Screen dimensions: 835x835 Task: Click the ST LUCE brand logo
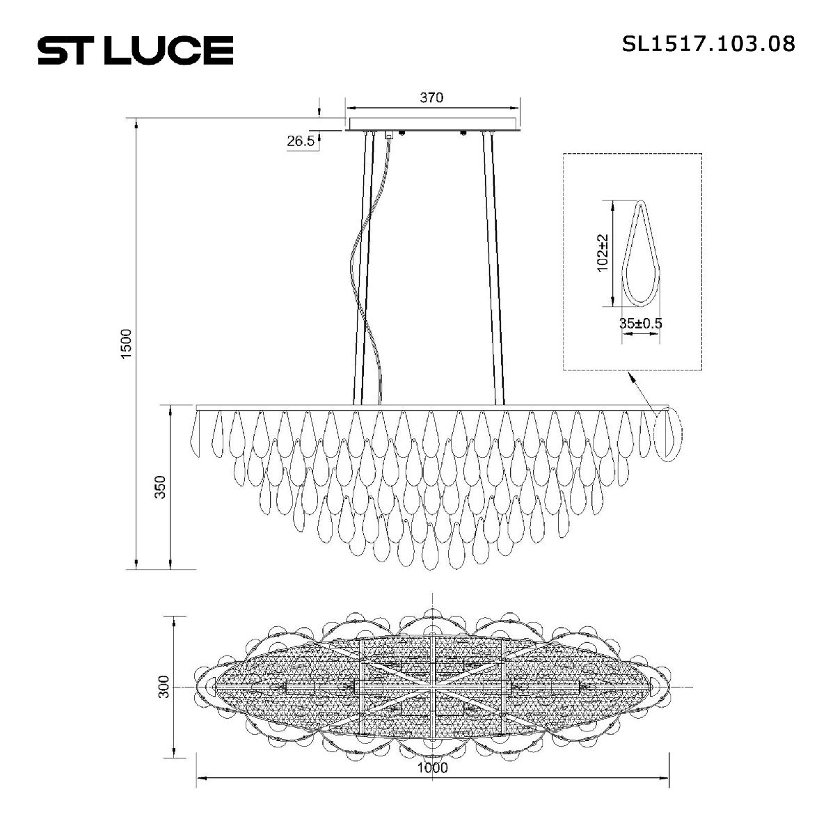135,50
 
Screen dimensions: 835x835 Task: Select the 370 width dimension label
431,98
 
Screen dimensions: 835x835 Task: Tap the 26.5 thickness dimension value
301,141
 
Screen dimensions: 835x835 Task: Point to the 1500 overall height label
126,344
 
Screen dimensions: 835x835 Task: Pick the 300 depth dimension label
164,687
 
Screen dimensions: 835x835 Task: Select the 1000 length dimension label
432,768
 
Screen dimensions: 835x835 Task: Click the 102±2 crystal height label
603,253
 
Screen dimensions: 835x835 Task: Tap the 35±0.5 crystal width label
640,324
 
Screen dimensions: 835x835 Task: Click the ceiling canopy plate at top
432,124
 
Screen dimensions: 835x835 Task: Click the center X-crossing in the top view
433,687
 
